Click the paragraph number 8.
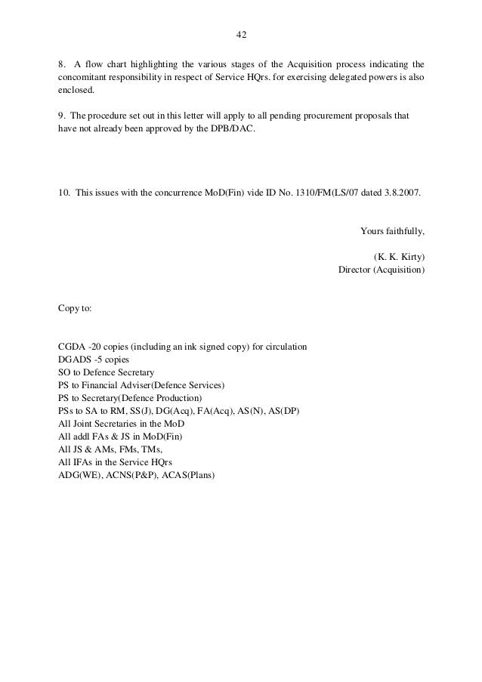coord(61,63)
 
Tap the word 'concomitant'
coord(83,77)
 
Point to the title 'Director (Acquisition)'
coord(382,269)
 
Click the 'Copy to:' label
coord(76,308)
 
